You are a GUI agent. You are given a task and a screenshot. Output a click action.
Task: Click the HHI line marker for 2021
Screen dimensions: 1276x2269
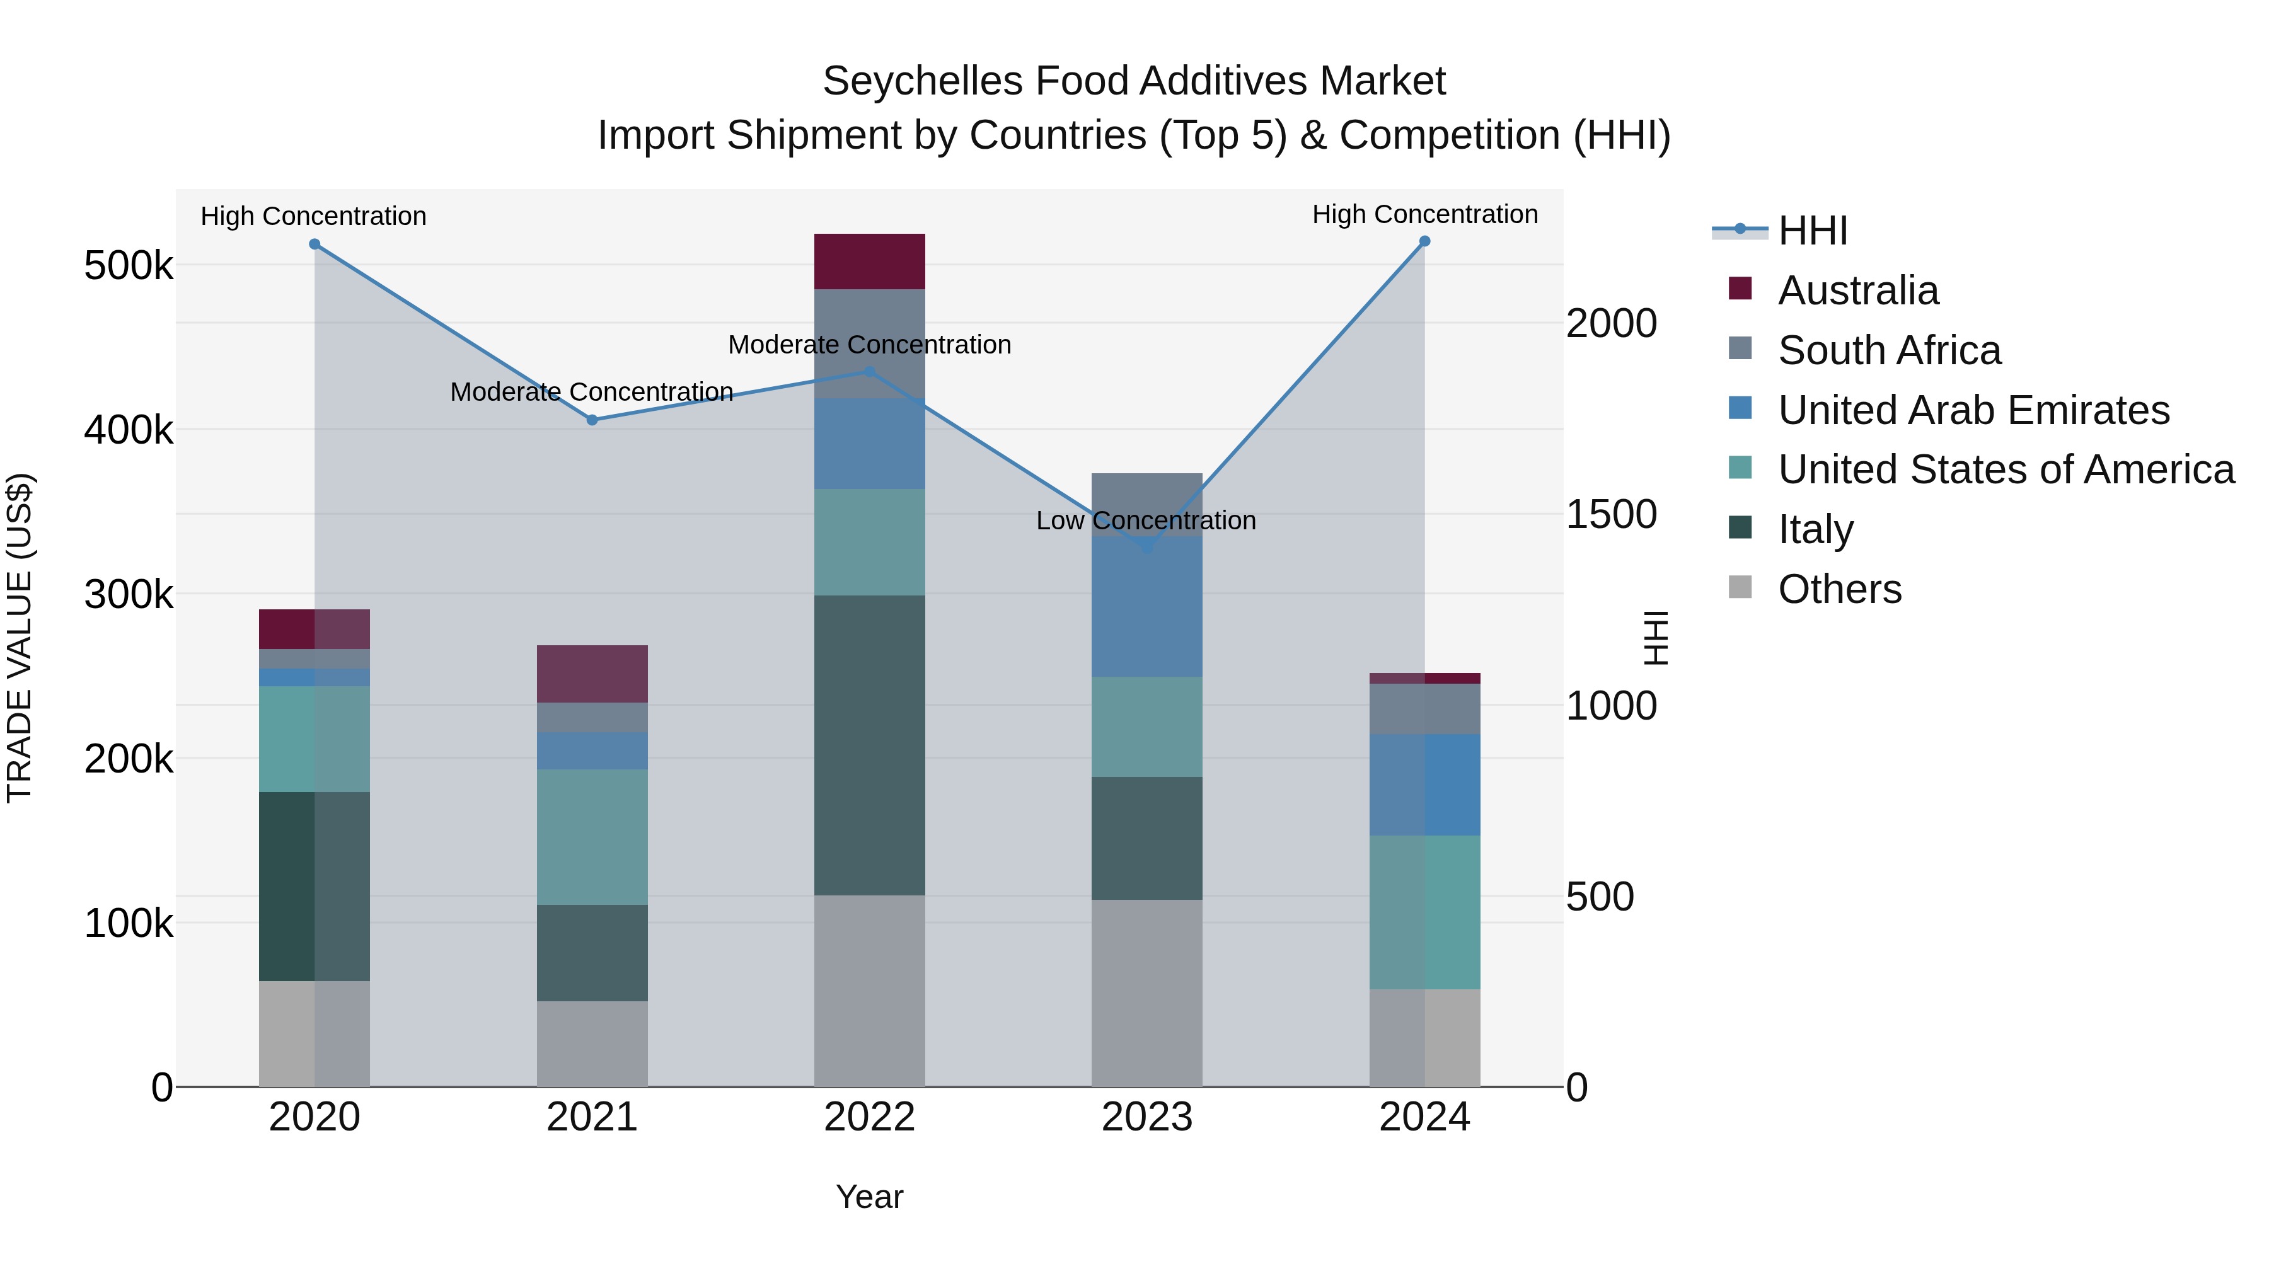point(592,420)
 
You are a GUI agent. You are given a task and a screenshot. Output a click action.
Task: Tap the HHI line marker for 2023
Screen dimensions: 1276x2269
point(1147,548)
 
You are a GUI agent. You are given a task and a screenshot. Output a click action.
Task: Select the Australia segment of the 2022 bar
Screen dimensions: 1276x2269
point(869,262)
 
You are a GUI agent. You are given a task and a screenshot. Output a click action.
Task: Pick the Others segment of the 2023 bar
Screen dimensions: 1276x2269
point(1147,992)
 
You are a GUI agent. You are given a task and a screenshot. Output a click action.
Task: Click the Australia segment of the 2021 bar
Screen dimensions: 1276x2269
point(592,674)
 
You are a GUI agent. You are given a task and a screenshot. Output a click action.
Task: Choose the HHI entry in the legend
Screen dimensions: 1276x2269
point(1812,231)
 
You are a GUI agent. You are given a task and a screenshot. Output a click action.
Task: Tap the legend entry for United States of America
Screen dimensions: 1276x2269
point(2006,469)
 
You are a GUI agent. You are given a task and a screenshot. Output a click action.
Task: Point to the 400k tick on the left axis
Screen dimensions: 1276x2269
point(129,430)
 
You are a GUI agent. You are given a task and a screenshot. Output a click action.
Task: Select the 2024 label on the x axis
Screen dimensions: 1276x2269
point(1424,1117)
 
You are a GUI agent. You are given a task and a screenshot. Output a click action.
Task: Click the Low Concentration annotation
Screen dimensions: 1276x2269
point(1146,520)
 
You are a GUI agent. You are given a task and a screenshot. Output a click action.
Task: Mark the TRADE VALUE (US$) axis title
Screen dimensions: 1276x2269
point(20,638)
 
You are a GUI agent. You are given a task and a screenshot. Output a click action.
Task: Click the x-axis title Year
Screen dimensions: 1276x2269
point(869,1197)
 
